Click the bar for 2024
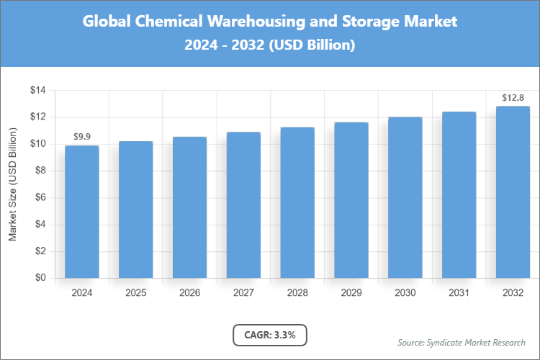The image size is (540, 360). [81, 212]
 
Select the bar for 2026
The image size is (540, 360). [189, 207]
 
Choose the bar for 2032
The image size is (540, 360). [513, 192]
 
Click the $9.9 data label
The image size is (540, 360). [81, 136]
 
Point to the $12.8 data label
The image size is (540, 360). [513, 97]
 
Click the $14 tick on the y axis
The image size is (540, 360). [37, 91]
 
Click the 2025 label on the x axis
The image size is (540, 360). [135, 293]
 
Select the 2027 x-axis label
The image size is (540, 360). [243, 293]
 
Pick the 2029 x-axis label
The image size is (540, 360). [351, 293]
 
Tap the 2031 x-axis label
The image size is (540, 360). [459, 293]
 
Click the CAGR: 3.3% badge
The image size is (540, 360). [270, 335]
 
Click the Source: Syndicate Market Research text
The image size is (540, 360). [462, 342]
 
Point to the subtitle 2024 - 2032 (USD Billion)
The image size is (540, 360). [270, 45]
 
